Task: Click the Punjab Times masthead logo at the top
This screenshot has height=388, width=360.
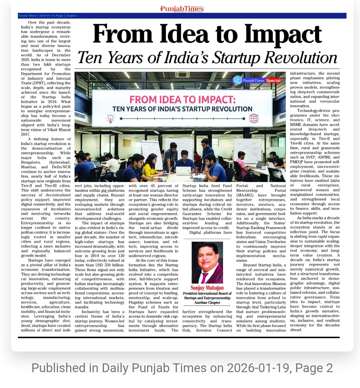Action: coord(182,9)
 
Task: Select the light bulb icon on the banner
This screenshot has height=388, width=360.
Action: coord(110,118)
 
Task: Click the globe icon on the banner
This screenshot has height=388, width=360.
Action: coord(254,118)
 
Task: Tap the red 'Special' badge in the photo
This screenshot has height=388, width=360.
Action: coord(273,80)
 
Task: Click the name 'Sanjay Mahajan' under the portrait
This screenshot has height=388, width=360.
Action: coord(207,288)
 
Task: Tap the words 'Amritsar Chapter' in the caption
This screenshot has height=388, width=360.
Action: coord(207,303)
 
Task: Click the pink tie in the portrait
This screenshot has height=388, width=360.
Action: coord(205,277)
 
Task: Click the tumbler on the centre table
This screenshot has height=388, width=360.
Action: coord(196,171)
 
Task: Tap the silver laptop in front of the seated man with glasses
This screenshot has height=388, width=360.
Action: coord(183,171)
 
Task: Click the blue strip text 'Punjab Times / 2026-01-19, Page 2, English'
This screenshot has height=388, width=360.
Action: coord(48,16)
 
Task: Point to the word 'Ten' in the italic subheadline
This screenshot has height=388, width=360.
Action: coord(90,57)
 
